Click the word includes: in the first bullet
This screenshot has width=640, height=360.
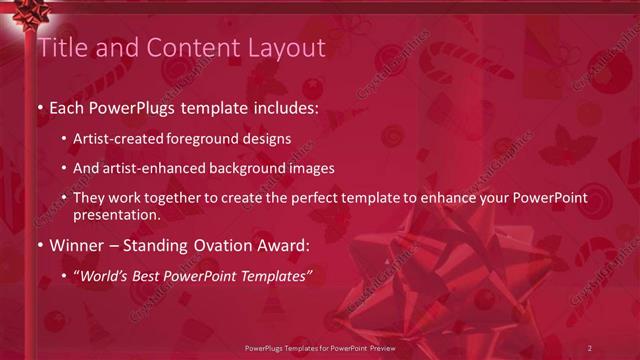pos(282,107)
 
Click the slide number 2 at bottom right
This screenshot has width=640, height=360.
pos(589,347)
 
